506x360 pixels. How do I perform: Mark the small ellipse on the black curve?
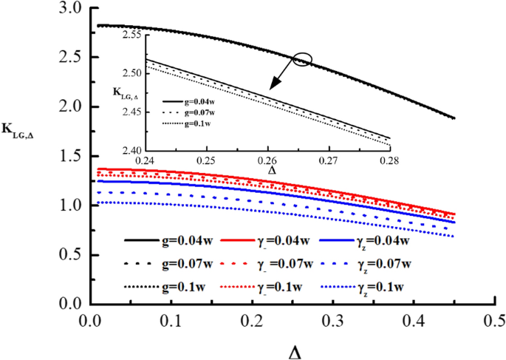coord(303,60)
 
